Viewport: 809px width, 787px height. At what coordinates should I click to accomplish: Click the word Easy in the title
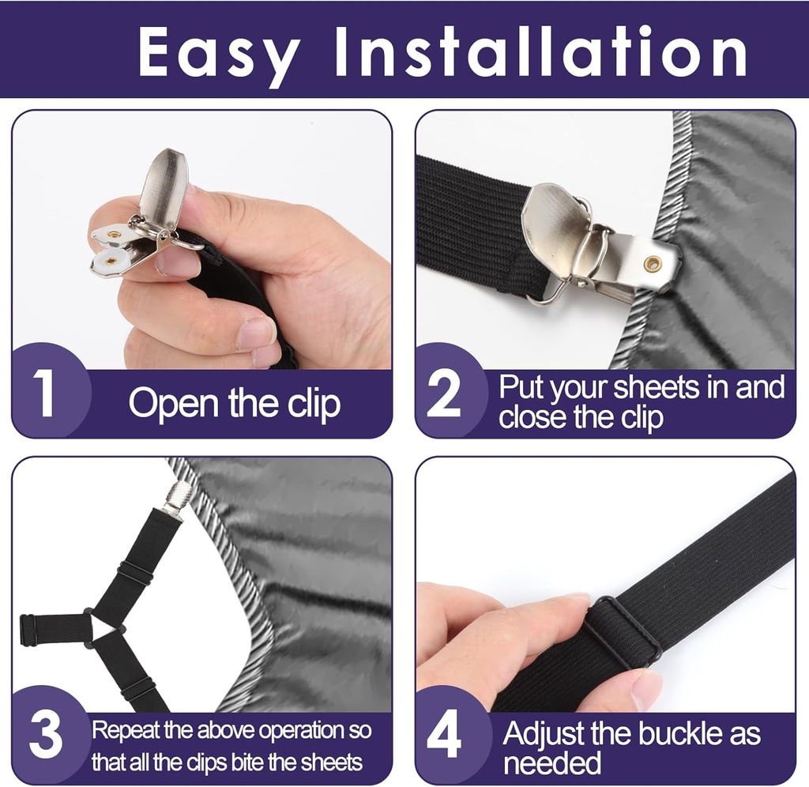[x=219, y=52]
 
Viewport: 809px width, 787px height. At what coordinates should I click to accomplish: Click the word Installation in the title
[x=540, y=52]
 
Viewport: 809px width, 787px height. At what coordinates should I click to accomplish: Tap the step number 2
[x=443, y=395]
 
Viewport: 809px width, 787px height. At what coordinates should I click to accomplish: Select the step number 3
[x=45, y=735]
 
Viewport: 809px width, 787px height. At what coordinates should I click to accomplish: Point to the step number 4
[x=443, y=736]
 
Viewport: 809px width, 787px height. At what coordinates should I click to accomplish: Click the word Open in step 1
[x=172, y=404]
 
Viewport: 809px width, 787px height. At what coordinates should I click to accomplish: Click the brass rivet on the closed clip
[x=652, y=264]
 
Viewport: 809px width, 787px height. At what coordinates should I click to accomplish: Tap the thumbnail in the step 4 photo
[x=645, y=688]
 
